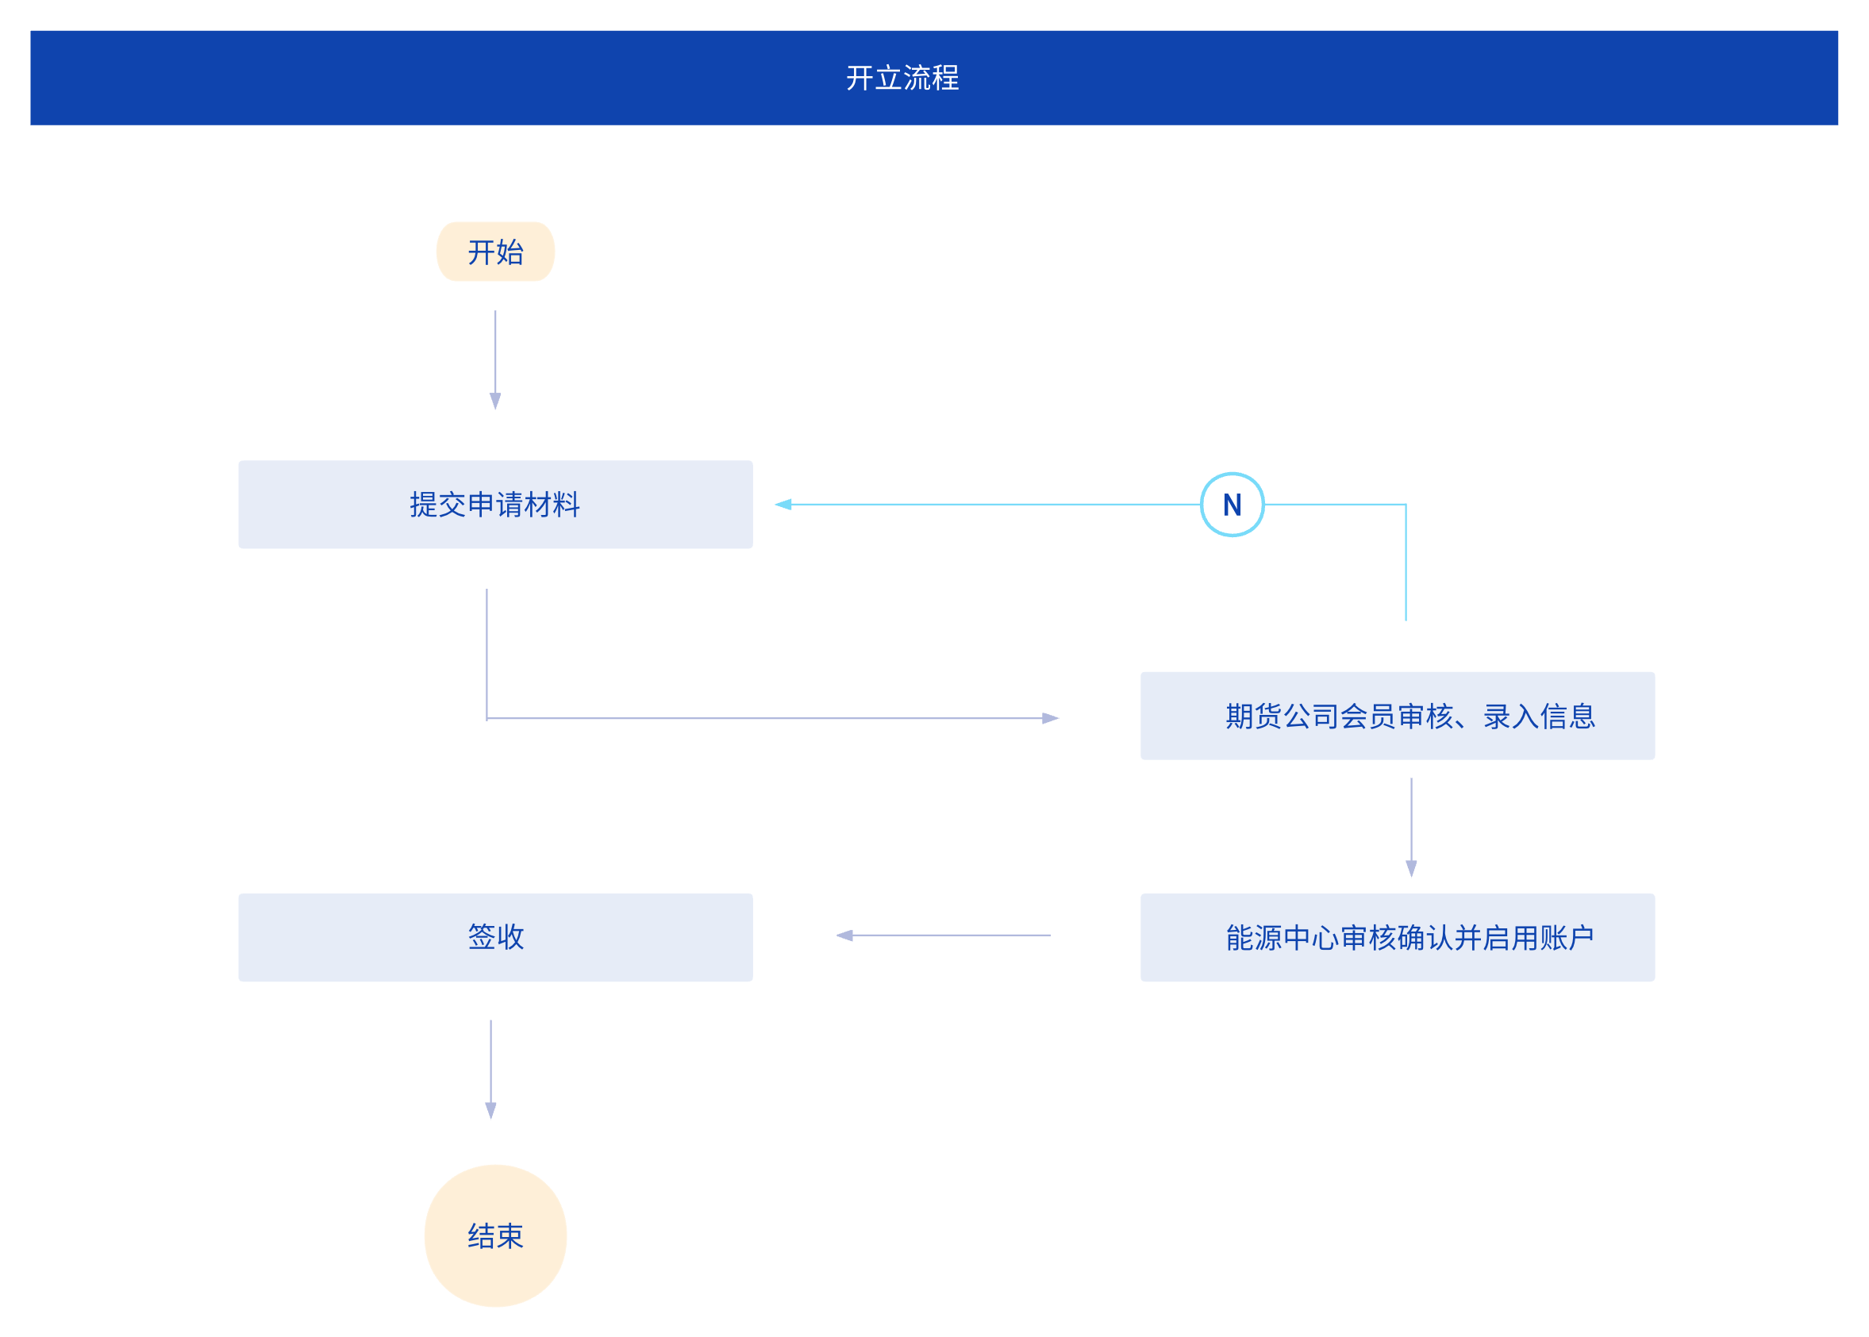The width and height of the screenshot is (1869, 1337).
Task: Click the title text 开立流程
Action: coord(902,79)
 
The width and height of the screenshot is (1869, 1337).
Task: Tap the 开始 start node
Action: coord(495,251)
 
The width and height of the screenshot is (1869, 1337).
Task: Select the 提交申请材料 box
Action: coord(495,505)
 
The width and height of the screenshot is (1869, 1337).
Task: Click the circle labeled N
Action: coord(1232,505)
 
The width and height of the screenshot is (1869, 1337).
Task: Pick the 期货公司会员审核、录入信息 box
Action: coord(1398,716)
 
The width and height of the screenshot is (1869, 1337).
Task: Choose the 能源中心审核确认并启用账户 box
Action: coord(1398,937)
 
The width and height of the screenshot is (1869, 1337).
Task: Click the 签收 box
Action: coord(495,937)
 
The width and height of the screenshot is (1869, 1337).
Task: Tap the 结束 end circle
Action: coord(495,1235)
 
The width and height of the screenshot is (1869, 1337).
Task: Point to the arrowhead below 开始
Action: coord(495,401)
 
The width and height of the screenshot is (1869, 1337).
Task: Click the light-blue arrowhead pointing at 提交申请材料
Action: coord(783,505)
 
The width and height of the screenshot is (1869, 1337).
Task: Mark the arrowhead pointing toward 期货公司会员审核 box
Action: coord(1051,718)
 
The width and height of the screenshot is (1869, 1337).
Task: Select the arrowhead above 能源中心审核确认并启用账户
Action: coord(1411,869)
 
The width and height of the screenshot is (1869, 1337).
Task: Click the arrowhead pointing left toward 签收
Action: coord(844,936)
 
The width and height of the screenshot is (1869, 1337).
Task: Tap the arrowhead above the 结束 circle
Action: coord(490,1111)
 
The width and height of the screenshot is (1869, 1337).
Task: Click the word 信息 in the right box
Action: coord(1567,717)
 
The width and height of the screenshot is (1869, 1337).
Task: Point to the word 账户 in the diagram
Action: coord(1567,938)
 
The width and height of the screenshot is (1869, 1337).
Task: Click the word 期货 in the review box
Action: coord(1254,717)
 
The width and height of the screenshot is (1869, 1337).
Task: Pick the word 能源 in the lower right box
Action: coord(1254,938)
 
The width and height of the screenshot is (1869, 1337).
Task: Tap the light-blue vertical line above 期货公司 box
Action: coord(1406,563)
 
